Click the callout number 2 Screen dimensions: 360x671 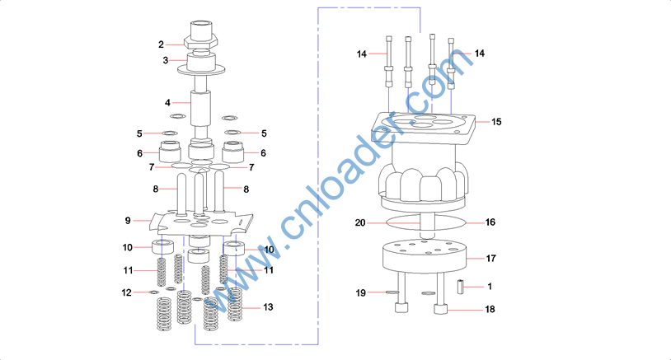[162, 44]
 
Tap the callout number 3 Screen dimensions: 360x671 [166, 60]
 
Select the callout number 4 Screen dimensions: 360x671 [167, 103]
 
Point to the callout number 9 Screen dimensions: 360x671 [128, 221]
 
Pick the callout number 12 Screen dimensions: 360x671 [127, 292]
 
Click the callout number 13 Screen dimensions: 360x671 [267, 306]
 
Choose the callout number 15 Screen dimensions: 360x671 [496, 122]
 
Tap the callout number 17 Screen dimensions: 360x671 [491, 259]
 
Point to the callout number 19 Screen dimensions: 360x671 [360, 292]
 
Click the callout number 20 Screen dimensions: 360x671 [360, 222]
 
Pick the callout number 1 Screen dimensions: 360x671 [490, 287]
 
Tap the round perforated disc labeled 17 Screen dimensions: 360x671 [425, 257]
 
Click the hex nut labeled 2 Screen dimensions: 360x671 [200, 41]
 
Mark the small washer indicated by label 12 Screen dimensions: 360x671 [153, 292]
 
